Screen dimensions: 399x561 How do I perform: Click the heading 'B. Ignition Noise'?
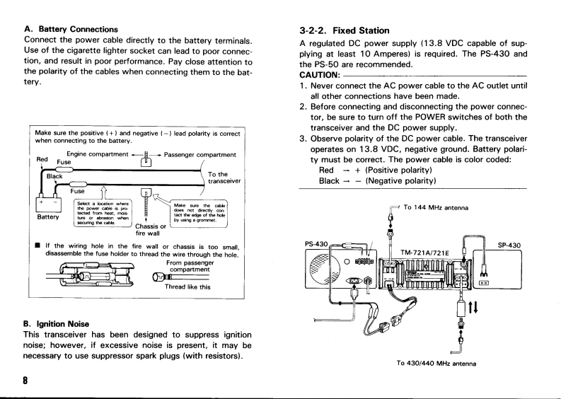(x=62, y=324)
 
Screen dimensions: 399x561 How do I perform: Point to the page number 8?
(x=26, y=381)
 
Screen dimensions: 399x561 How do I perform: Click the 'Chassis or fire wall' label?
(x=150, y=231)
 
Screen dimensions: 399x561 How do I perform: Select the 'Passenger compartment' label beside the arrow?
(x=199, y=154)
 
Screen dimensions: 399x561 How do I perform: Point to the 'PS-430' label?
(x=316, y=245)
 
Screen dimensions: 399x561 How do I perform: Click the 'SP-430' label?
(x=509, y=245)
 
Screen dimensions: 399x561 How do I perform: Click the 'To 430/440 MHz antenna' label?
(x=434, y=364)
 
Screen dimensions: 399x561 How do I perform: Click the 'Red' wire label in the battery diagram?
(x=42, y=160)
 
